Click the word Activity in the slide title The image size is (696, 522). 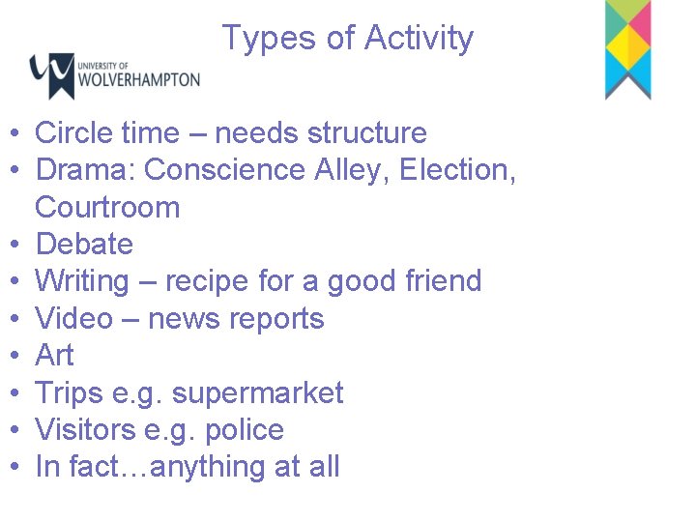coord(419,38)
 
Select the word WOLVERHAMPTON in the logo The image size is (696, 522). coord(140,79)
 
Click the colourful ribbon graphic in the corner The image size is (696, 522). coord(627,48)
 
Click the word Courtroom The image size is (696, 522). coord(107,207)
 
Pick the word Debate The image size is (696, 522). coord(84,244)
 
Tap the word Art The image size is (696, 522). coord(54,355)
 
